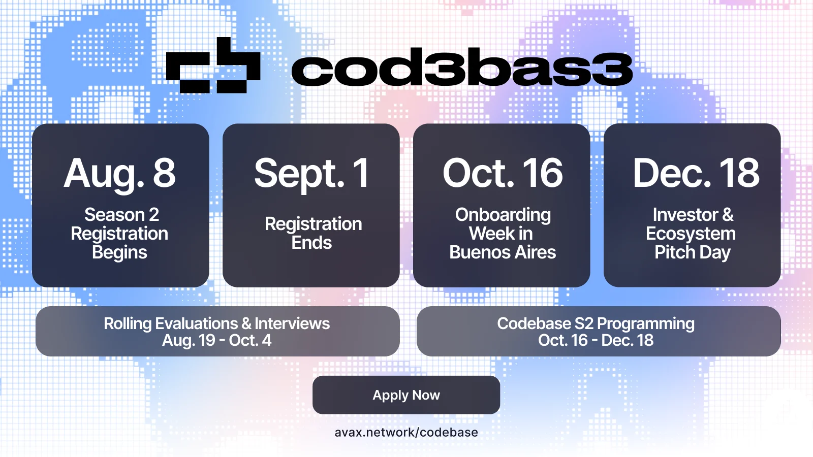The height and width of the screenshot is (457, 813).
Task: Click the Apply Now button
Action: pos(406,395)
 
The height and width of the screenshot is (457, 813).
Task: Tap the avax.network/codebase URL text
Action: pos(406,432)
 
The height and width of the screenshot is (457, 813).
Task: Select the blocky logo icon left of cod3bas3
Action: pos(213,65)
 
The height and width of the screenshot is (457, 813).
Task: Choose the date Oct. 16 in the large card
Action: pos(503,173)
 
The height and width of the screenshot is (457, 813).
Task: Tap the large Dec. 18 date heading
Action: pos(696,173)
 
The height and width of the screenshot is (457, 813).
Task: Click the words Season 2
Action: pos(121,215)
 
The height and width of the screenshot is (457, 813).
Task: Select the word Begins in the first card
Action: pos(119,253)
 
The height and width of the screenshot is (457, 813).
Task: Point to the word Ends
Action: pos(311,243)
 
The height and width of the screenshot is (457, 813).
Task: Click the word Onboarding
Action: pos(503,215)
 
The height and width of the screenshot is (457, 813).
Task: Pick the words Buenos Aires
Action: pos(503,252)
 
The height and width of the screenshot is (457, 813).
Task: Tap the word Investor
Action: pos(684,215)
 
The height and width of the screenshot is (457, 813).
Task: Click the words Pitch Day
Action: pos(693,253)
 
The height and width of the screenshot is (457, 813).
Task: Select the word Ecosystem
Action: pos(691,234)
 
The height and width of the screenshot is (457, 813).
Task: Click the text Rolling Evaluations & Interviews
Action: pos(216,323)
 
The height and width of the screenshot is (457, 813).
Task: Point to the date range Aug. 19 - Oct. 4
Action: pos(216,340)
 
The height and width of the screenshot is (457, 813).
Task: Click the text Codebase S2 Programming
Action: pos(596,323)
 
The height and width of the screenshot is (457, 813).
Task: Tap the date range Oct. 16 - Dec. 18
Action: pos(596,340)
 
